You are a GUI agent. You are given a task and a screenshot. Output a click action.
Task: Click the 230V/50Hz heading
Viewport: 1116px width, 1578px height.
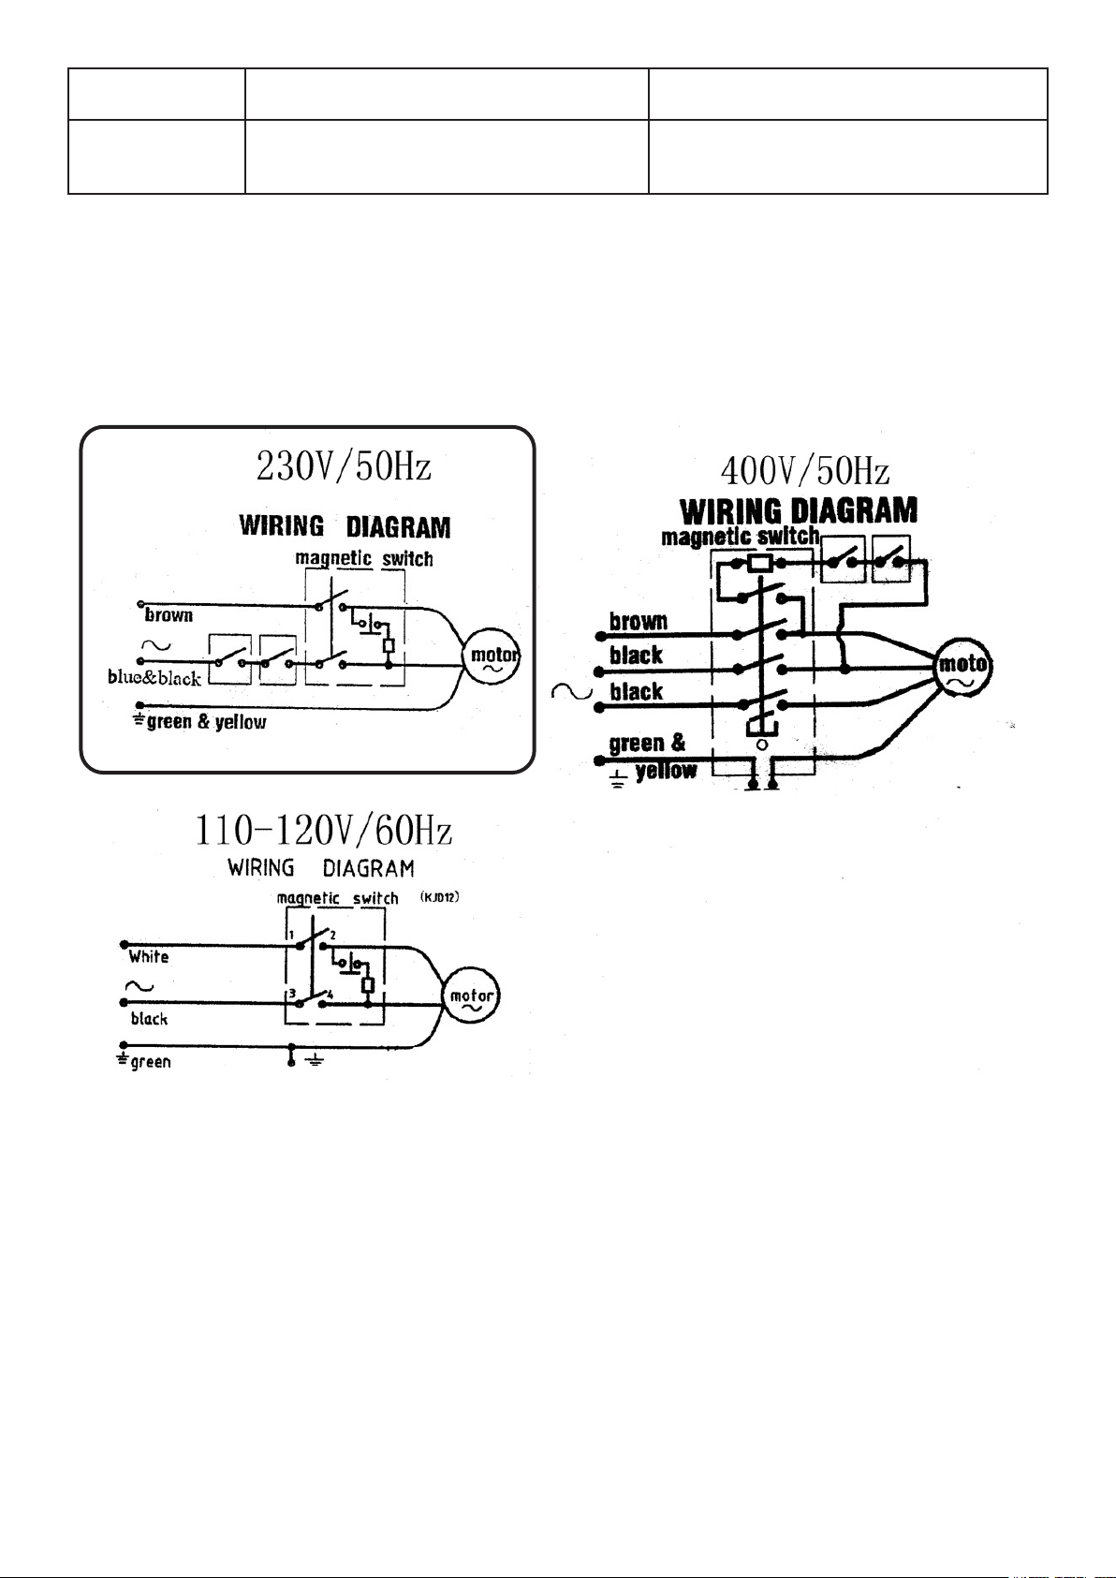(344, 466)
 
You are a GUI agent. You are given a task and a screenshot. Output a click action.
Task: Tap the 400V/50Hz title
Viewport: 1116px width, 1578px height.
(805, 470)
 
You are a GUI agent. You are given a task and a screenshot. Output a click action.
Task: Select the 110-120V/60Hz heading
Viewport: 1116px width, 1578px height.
(323, 831)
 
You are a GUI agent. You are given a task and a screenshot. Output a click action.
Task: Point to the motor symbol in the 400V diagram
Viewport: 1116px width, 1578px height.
(962, 667)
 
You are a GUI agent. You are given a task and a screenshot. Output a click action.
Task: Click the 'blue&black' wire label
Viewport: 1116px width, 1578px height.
(154, 678)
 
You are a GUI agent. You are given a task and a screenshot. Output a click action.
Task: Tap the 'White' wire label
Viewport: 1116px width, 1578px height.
(149, 957)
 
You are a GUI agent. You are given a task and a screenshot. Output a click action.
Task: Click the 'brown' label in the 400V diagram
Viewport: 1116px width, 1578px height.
(638, 621)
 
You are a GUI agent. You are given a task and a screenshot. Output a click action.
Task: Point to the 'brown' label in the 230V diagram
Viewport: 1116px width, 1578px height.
(169, 615)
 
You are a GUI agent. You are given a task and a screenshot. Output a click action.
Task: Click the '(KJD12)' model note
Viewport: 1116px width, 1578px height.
(439, 897)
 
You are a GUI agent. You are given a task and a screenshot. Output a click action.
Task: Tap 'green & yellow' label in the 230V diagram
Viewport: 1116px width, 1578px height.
(206, 722)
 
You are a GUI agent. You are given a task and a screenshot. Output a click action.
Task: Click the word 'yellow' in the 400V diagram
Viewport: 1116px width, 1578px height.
(666, 771)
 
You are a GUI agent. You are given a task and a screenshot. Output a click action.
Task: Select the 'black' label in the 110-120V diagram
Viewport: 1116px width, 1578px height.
(149, 1019)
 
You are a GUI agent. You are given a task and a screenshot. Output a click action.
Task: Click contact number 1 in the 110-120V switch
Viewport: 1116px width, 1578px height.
(290, 936)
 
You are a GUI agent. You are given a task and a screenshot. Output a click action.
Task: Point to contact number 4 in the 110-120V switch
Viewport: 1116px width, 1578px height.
(330, 995)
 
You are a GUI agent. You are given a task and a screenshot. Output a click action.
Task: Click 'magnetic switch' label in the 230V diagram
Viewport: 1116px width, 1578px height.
(364, 559)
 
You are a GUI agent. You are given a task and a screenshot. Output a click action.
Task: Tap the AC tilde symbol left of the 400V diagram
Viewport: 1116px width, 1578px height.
(572, 692)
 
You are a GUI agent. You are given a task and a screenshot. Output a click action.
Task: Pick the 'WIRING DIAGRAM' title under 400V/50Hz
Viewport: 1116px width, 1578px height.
(799, 510)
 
